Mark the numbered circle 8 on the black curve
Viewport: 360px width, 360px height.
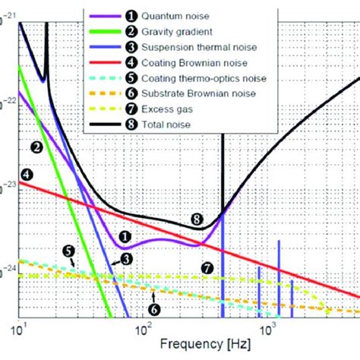click(x=197, y=220)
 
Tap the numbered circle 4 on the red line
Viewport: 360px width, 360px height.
click(x=27, y=175)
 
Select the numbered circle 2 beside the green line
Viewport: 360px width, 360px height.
click(x=36, y=146)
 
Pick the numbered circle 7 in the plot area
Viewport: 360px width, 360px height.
click(x=206, y=267)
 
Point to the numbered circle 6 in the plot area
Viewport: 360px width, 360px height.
click(x=153, y=309)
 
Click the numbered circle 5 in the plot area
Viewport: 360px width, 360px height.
click(x=68, y=251)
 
